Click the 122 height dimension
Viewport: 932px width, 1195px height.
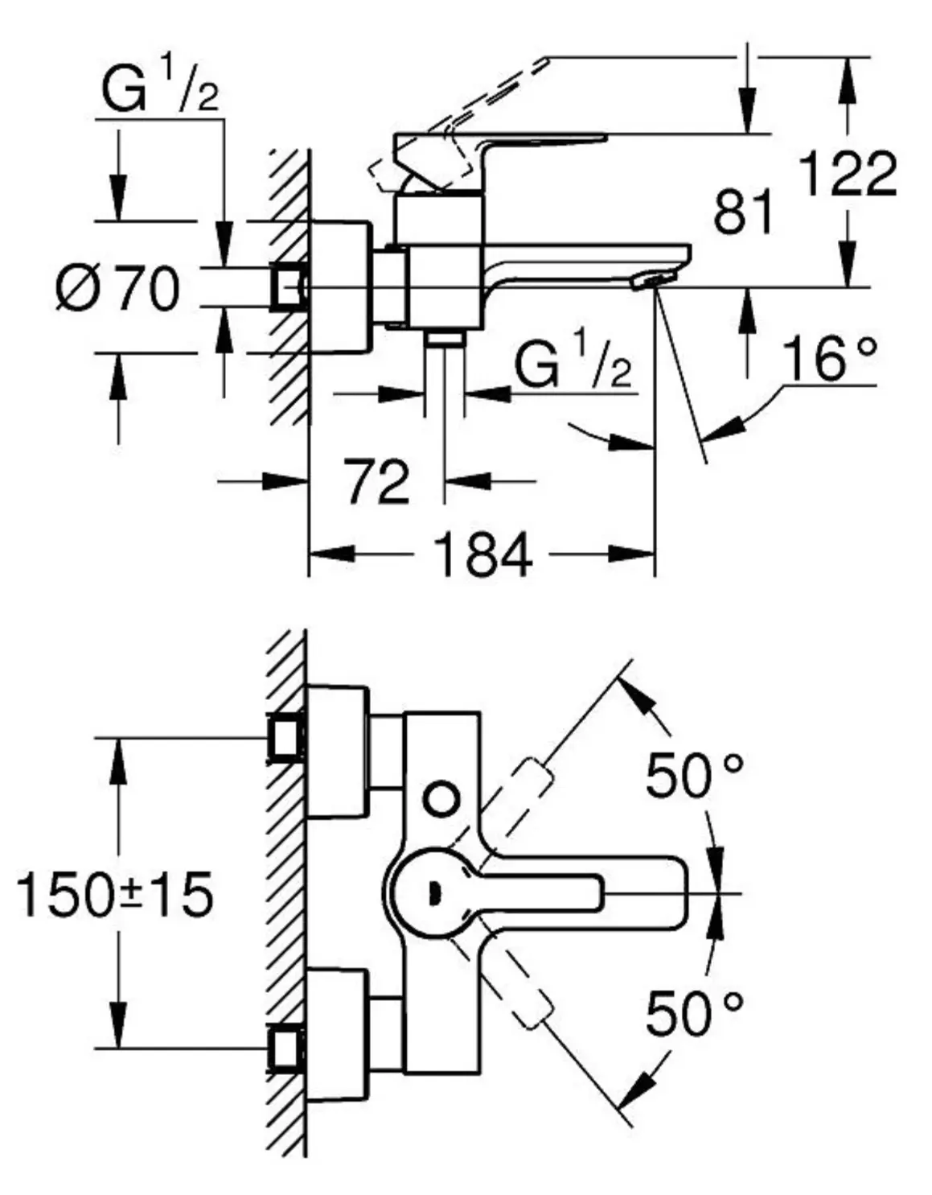848,174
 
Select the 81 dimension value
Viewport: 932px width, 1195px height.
743,211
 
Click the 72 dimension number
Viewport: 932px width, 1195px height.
377,482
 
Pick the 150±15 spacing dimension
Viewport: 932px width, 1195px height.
116,894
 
